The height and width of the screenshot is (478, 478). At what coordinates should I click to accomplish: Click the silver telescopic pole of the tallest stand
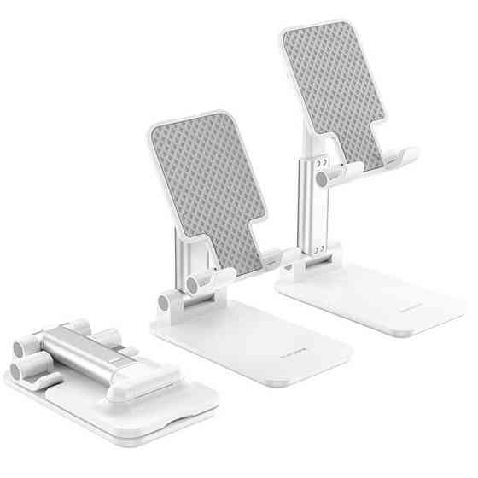pos(306,205)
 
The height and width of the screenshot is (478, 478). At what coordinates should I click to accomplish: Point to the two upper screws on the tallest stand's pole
pos(320,164)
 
